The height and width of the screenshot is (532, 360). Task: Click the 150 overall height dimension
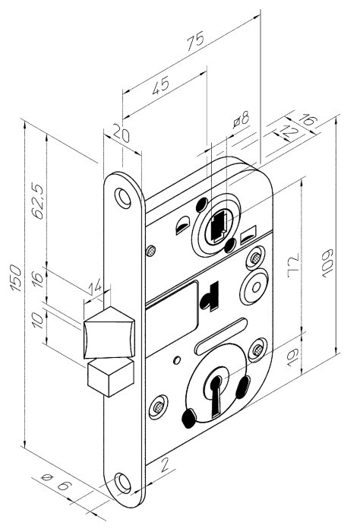16,278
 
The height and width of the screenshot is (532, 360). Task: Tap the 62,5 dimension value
38,201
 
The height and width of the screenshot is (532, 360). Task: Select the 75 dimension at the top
196,41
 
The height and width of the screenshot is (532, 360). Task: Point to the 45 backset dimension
160,85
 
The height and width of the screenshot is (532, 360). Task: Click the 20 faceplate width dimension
121,133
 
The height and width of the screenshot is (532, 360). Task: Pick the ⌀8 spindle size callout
242,119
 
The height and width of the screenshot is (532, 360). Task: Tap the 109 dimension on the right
328,264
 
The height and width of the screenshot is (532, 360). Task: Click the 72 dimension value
294,265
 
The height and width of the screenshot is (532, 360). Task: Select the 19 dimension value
292,357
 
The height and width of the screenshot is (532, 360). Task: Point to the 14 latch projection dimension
95,287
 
